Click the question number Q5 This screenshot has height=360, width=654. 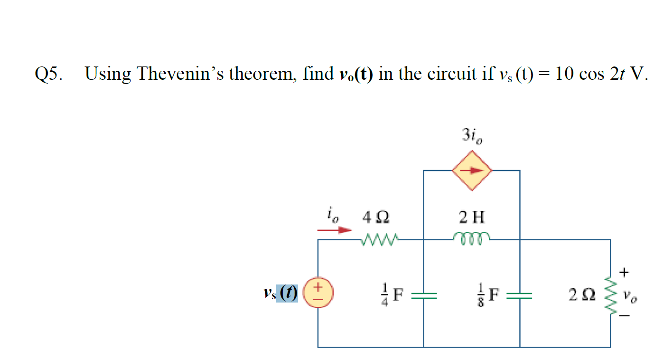(48, 74)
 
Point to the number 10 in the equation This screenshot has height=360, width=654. (565, 74)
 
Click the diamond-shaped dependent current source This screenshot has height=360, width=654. (471, 171)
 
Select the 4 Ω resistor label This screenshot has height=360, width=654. (376, 218)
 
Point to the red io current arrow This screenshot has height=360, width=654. (335, 230)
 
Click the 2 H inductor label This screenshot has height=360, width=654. (472, 218)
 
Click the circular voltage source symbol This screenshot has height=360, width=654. (318, 293)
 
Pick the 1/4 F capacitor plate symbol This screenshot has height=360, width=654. (423, 296)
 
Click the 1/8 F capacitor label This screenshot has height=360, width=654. (489, 295)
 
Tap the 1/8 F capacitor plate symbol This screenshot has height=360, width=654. (520, 296)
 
